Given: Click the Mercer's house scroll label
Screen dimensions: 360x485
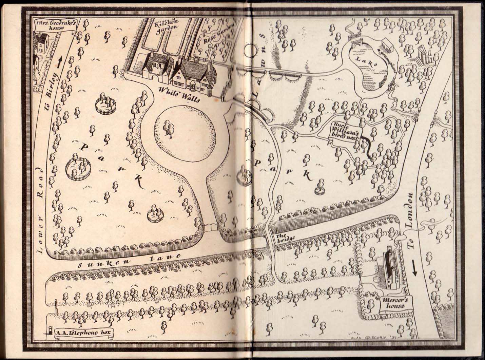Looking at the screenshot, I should point(392,303).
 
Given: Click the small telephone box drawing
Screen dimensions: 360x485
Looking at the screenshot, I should point(50,331).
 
